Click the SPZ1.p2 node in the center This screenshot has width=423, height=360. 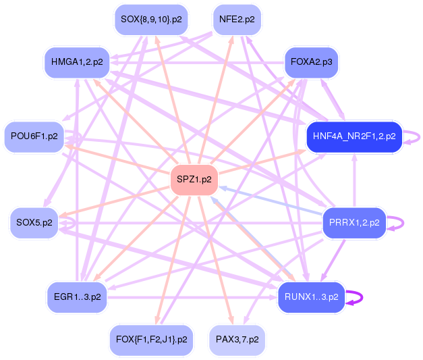[194, 180]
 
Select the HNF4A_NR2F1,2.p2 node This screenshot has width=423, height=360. [354, 136]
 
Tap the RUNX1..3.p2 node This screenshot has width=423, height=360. [311, 297]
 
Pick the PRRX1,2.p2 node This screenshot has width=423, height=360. [354, 222]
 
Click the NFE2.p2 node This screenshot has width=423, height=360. [237, 20]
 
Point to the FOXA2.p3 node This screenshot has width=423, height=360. [311, 62]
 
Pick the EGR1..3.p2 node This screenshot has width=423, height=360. [78, 297]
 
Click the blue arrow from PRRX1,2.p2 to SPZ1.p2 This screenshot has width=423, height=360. [270, 200]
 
